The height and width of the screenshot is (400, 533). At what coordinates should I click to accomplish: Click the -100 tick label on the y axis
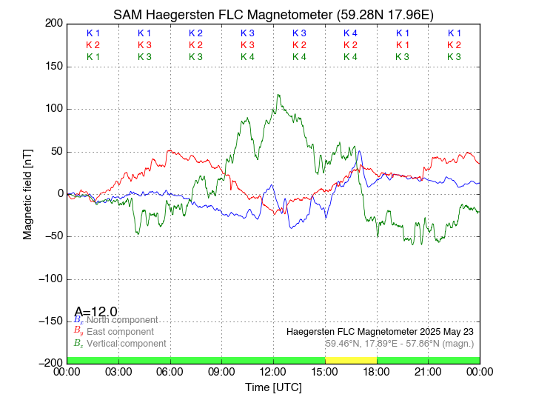(48, 279)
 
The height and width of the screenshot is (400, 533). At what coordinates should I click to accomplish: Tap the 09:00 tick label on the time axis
(222, 372)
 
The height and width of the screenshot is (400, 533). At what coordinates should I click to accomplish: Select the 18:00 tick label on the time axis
(377, 372)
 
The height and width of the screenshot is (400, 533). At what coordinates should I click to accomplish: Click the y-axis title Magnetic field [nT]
(27, 193)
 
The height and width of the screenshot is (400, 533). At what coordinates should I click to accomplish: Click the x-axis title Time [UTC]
(273, 387)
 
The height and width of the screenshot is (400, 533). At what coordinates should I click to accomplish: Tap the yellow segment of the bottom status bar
(351, 360)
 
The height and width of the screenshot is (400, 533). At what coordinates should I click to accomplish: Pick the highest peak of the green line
(278, 95)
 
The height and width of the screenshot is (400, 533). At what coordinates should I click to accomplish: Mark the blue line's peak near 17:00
(360, 152)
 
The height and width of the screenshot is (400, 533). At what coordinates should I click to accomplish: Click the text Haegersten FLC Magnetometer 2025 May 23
(380, 331)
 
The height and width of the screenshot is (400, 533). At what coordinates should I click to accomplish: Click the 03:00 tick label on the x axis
(118, 372)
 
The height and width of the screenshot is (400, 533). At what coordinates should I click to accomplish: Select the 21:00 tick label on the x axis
(428, 372)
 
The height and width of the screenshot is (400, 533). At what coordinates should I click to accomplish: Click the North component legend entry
(120, 319)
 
